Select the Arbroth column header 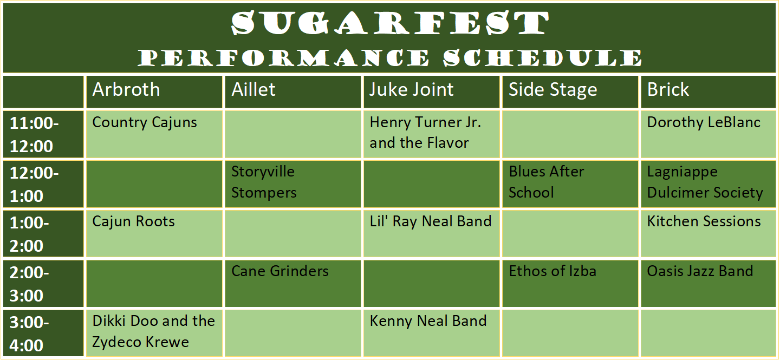point(126,90)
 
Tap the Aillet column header point(253,90)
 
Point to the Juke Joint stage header point(412,90)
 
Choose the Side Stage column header point(552,90)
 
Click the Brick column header point(668,90)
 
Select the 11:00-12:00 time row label point(35,135)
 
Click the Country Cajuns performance point(145,123)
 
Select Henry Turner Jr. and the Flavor point(425,133)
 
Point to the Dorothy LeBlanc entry point(704,123)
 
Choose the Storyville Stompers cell point(264,182)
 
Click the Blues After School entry point(546,182)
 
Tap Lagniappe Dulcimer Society point(705,182)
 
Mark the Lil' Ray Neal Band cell point(431,222)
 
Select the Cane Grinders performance point(280,272)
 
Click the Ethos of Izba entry point(552,272)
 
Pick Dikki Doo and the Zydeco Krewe point(153,331)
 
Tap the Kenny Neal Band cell point(428,322)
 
